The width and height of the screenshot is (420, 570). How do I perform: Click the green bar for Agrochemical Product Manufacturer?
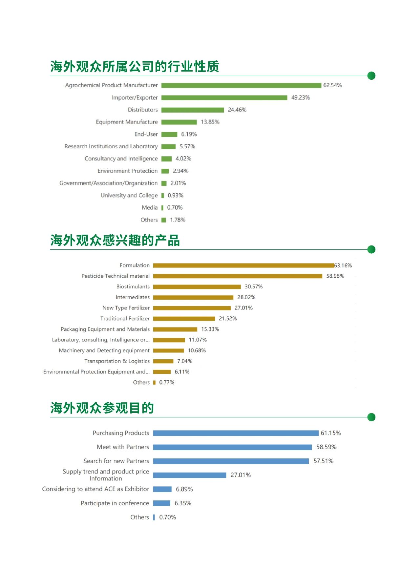pos(241,85)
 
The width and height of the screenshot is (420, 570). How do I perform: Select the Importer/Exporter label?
pos(135,97)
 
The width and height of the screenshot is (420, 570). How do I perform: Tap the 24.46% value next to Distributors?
pos(237,110)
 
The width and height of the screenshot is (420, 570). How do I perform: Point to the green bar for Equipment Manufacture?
pos(179,122)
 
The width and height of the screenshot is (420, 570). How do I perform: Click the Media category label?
pos(150,207)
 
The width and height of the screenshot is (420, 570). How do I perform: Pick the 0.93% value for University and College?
pos(175,195)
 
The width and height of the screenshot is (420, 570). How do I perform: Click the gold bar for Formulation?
pos(243,265)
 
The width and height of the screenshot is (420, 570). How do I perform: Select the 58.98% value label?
pos(335,276)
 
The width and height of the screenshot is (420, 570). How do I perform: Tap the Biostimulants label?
pos(133,286)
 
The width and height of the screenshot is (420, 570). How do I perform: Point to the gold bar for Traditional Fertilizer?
pos(184,319)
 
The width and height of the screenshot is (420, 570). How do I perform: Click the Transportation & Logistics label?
pos(117,361)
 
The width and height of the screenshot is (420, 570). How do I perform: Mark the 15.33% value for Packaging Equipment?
pos(210,329)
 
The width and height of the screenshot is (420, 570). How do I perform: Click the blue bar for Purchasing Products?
pos(236,433)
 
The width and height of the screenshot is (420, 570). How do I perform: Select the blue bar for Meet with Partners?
pos(232,447)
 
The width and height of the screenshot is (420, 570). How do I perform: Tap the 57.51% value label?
pos(323,461)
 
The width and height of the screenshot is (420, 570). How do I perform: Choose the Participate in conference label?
pos(115,503)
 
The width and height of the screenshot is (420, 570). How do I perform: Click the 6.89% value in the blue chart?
pos(184,489)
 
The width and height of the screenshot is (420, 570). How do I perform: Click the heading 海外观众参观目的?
pos(102,408)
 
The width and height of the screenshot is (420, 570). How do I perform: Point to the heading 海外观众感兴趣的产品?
pos(115,240)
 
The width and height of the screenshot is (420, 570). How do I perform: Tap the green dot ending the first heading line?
pos(371,76)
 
